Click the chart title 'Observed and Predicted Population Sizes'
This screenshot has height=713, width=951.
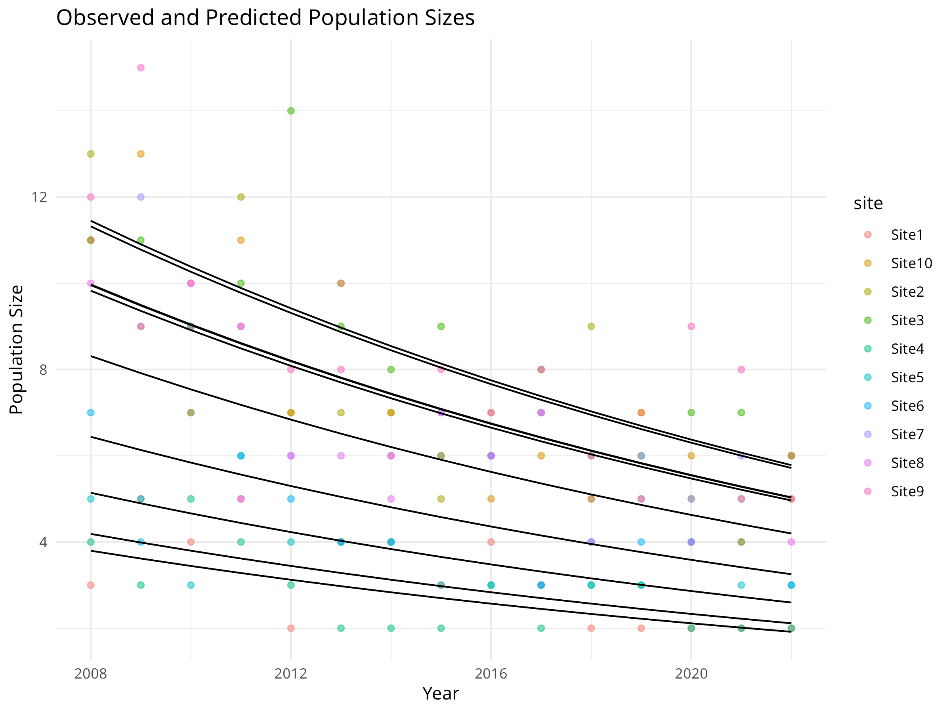[x=265, y=18]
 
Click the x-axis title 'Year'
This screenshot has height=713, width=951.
[x=441, y=694]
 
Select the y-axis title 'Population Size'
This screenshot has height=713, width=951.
[x=16, y=349]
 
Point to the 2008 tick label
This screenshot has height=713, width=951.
[x=90, y=673]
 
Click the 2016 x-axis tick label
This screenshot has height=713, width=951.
[x=491, y=673]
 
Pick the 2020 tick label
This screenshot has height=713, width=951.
[x=691, y=673]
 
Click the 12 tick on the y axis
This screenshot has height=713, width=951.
[x=39, y=197]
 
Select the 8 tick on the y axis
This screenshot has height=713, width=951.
[x=43, y=370]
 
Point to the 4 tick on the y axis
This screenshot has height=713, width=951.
[x=43, y=542]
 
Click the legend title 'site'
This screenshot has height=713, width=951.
[x=868, y=203]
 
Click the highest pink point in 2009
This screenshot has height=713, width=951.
[x=141, y=68]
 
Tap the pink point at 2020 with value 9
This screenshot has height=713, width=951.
[x=691, y=327]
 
